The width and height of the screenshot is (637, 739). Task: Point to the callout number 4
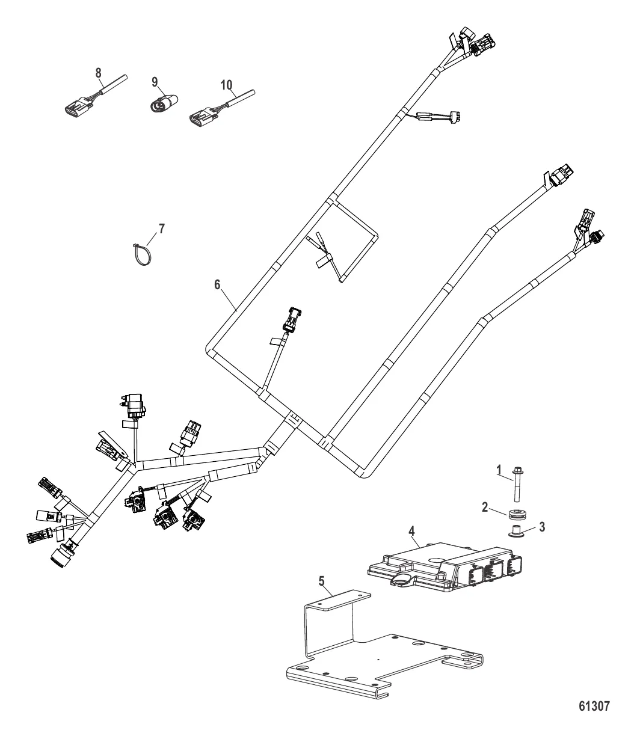[411, 531]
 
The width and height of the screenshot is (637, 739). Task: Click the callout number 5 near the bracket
[321, 581]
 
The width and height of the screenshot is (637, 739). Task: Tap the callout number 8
[98, 72]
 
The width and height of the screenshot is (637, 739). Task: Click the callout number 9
[155, 81]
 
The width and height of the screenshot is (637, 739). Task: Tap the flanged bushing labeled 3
[516, 531]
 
